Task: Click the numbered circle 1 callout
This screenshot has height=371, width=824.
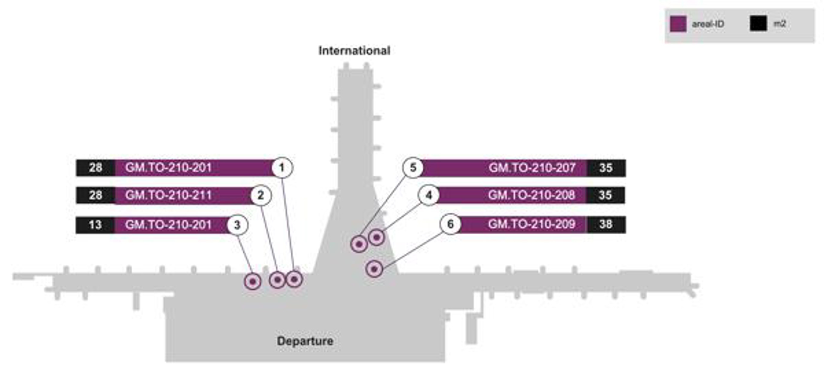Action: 282,168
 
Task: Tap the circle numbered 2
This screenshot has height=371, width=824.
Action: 261,195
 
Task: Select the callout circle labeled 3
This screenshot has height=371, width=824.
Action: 237,225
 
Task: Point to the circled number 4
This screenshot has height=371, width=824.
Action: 429,195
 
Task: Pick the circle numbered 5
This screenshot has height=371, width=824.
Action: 413,168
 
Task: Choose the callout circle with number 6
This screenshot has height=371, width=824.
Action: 450,224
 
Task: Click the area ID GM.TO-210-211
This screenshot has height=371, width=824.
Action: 168,195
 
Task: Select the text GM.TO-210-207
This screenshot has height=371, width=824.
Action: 532,168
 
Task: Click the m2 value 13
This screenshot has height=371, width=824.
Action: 95,225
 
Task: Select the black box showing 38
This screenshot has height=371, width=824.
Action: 606,224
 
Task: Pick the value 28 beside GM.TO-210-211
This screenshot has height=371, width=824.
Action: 95,195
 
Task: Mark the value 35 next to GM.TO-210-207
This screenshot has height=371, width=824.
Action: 606,168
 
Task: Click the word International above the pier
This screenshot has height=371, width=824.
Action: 354,51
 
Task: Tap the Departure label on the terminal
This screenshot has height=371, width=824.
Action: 305,341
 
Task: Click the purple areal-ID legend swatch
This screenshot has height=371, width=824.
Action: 678,24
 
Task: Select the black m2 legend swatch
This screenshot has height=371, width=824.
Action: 758,24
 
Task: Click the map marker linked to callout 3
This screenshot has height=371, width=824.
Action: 253,282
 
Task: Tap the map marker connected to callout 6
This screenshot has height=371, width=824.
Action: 374,269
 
